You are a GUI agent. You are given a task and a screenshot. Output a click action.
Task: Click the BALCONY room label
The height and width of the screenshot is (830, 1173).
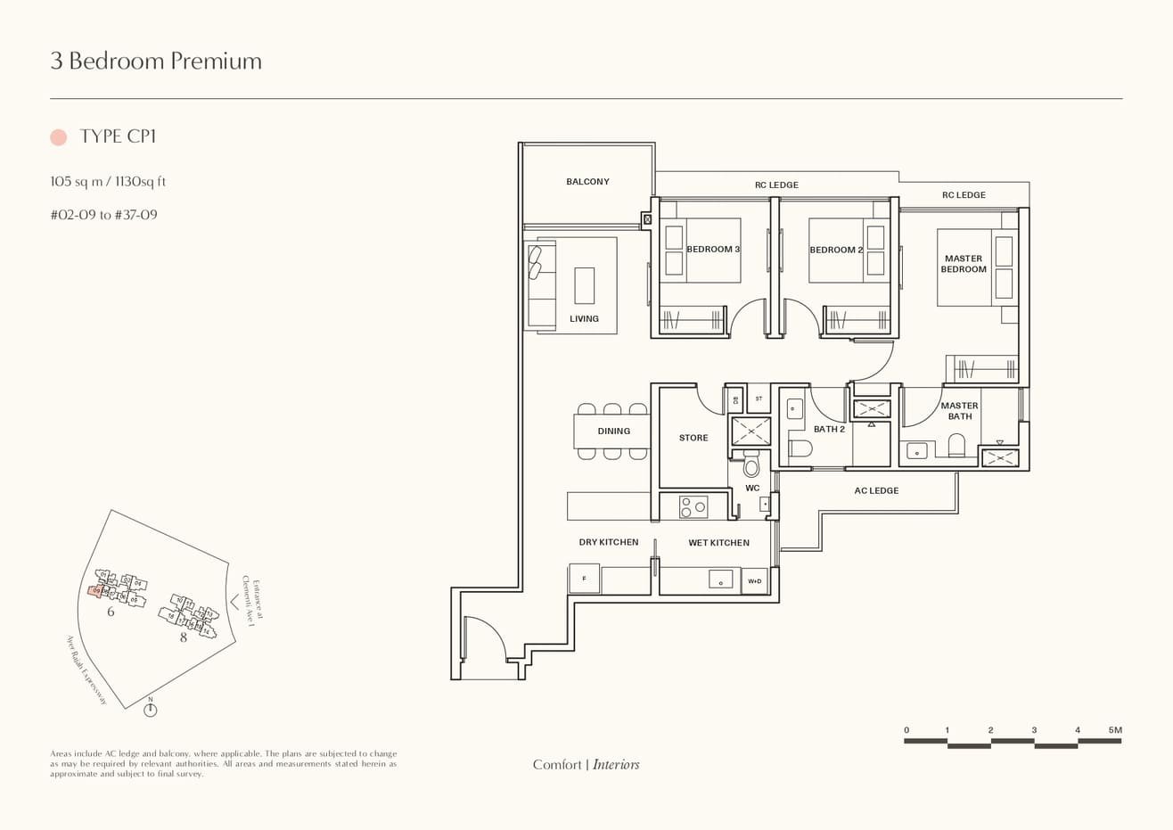click(x=587, y=182)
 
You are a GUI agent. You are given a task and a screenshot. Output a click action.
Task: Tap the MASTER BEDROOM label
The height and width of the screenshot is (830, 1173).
click(x=964, y=264)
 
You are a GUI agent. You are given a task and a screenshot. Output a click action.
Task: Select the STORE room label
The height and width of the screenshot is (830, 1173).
click(x=693, y=438)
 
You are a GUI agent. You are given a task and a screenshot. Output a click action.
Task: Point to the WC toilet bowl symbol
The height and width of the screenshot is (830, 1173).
click(x=751, y=466)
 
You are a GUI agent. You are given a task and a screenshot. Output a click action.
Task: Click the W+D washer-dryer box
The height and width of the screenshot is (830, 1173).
click(x=754, y=581)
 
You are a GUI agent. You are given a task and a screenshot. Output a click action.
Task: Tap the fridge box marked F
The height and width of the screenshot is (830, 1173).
click(x=584, y=579)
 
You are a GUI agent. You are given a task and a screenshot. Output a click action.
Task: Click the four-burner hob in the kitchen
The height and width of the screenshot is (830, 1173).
click(x=693, y=507)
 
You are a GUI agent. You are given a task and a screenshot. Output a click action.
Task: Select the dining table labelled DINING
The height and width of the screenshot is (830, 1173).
click(x=612, y=431)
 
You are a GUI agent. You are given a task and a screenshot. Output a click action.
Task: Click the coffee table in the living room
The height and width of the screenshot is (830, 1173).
click(x=585, y=285)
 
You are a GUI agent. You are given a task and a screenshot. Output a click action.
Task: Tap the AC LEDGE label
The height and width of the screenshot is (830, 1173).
click(x=876, y=490)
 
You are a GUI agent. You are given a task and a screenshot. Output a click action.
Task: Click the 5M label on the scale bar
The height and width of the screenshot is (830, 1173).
click(x=1115, y=730)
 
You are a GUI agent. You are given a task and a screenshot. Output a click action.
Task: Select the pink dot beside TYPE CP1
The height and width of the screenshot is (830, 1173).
click(x=59, y=137)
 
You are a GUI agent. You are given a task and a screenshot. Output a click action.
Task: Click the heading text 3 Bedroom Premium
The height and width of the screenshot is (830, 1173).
click(x=156, y=61)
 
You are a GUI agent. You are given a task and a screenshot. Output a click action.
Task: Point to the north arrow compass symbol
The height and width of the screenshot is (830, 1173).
click(x=151, y=709)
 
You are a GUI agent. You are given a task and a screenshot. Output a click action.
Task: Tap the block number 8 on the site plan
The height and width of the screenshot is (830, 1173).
click(x=184, y=637)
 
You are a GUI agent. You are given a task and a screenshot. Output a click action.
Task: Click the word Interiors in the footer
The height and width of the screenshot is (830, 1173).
click(x=616, y=764)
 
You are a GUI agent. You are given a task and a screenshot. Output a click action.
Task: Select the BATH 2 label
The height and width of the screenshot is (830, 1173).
click(x=829, y=429)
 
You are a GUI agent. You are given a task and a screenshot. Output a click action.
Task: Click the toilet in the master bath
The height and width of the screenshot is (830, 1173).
click(x=956, y=445)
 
